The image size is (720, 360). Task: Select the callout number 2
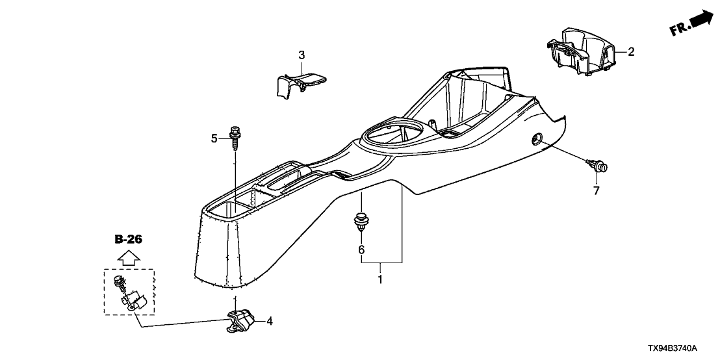pos(630,51)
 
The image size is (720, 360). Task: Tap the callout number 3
pos(302,55)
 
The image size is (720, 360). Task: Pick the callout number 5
pos(213,138)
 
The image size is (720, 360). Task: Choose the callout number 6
pos(361,249)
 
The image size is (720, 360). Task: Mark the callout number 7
pos(595,190)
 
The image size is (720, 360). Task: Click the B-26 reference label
pos(128,239)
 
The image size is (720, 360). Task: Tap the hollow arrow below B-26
pos(129,257)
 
